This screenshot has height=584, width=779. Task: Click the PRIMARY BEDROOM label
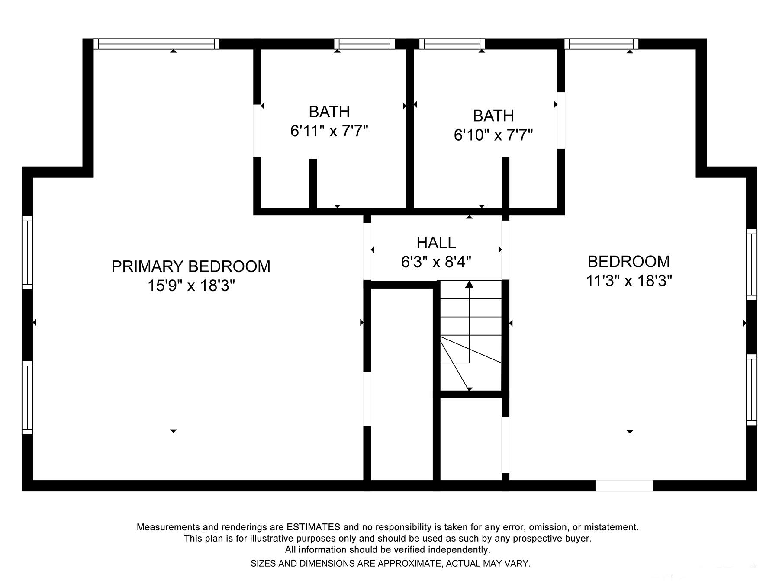click(191, 266)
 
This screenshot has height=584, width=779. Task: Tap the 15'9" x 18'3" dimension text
click(191, 286)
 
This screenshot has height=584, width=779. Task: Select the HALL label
click(436, 243)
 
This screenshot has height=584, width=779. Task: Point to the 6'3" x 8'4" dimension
click(436, 262)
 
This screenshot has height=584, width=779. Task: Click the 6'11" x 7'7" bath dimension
click(329, 130)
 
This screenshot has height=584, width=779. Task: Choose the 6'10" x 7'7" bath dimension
click(493, 135)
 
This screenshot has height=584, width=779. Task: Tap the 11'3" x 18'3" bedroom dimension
click(629, 281)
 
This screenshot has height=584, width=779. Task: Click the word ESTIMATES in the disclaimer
click(313, 527)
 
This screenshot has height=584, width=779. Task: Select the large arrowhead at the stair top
click(469, 284)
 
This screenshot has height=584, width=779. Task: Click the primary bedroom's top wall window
click(157, 44)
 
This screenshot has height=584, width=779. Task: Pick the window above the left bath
click(364, 44)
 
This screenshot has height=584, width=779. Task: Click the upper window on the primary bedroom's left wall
click(27, 252)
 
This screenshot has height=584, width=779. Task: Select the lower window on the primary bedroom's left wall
click(27, 398)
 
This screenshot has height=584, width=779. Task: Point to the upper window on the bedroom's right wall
click(752, 264)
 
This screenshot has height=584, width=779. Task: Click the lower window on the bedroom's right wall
click(752, 390)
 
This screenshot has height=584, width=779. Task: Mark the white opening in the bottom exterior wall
click(624, 485)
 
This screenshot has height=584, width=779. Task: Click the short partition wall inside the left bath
click(313, 184)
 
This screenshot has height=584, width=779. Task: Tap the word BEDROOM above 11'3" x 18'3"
click(629, 261)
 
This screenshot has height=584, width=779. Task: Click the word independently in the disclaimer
click(459, 550)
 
